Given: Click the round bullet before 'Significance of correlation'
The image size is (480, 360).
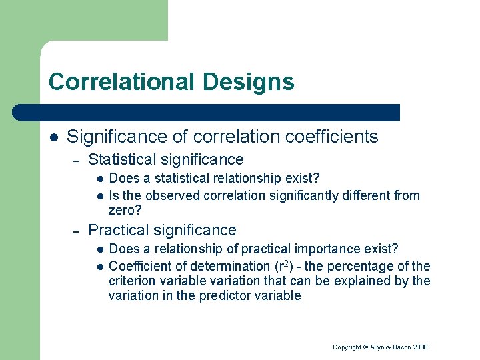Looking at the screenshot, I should [54, 137].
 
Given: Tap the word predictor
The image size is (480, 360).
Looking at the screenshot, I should [225, 295].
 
